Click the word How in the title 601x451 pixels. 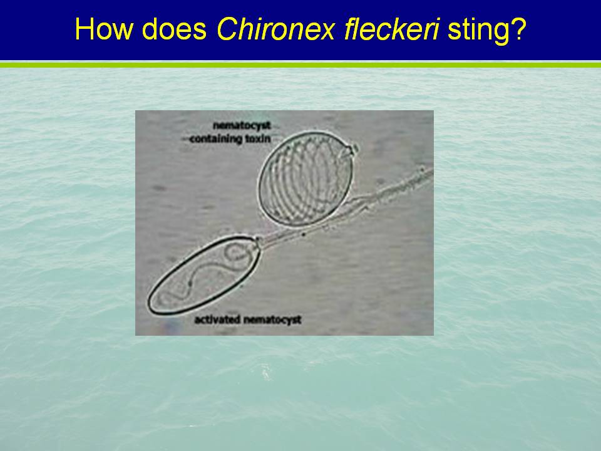(x=103, y=29)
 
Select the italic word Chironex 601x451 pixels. (x=276, y=29)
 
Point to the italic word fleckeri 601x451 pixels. (x=391, y=29)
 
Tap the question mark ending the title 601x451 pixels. (x=518, y=29)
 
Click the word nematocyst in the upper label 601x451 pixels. (x=242, y=126)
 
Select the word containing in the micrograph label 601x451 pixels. (x=217, y=139)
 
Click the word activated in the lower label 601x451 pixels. (x=218, y=319)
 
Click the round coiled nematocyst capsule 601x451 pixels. (x=306, y=179)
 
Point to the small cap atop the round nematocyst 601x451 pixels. (x=352, y=149)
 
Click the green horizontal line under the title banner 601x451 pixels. (x=300, y=65)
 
